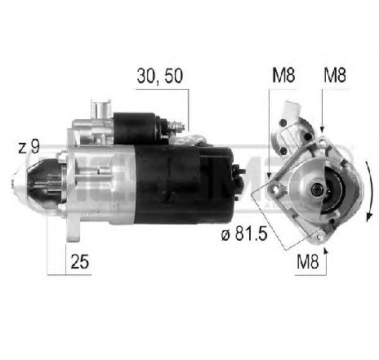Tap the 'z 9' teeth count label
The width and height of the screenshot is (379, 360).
pos(29,148)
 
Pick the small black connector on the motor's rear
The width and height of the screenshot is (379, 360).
pos(239,173)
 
